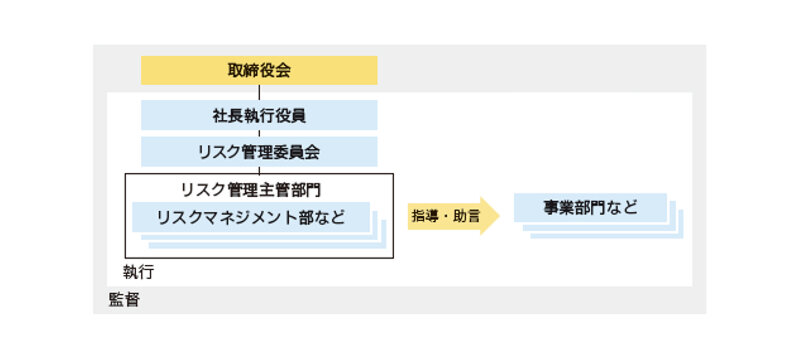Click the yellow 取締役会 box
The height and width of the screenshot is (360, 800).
pos(259,70)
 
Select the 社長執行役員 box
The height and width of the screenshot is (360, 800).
pos(259,115)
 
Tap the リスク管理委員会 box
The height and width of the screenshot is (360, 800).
pos(259,152)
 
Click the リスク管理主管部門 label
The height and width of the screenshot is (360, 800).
pos(251,188)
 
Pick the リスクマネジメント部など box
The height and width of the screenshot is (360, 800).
pos(251,217)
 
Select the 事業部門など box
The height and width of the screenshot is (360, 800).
pos(590,208)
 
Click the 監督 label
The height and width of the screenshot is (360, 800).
pos(123,299)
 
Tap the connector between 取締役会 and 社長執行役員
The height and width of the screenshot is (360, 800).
pos(259,92)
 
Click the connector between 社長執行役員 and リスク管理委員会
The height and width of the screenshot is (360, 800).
pos(259,133)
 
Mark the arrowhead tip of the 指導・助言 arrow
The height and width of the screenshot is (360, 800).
pos(497,215)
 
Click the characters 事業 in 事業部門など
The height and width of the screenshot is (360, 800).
pos(558,208)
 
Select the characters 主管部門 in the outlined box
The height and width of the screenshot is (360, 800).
pos(290,188)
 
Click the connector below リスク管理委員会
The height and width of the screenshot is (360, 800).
pos(259,170)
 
